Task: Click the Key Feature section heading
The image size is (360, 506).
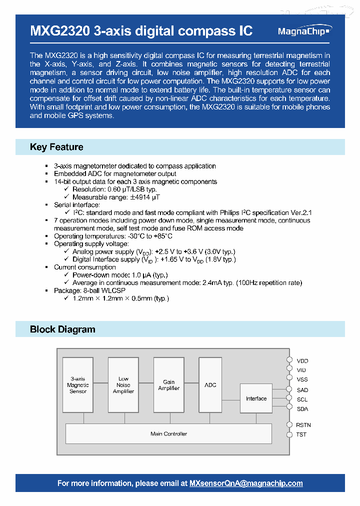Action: (x=56, y=147)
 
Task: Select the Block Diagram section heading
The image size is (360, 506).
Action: (x=62, y=329)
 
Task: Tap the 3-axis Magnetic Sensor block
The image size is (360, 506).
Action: (x=77, y=384)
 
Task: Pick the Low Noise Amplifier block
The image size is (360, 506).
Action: (x=123, y=384)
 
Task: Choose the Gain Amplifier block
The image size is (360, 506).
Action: (x=168, y=384)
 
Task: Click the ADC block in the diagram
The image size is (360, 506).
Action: (x=210, y=384)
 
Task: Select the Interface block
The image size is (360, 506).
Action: (x=256, y=398)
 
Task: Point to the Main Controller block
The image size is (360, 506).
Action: (x=168, y=433)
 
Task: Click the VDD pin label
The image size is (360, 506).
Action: (x=302, y=360)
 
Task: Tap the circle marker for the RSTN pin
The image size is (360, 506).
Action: (x=289, y=424)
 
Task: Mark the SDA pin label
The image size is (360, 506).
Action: (x=302, y=409)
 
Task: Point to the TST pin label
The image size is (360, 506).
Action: (x=301, y=434)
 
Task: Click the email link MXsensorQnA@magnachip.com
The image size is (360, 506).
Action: (x=246, y=483)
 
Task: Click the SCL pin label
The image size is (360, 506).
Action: (x=302, y=399)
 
